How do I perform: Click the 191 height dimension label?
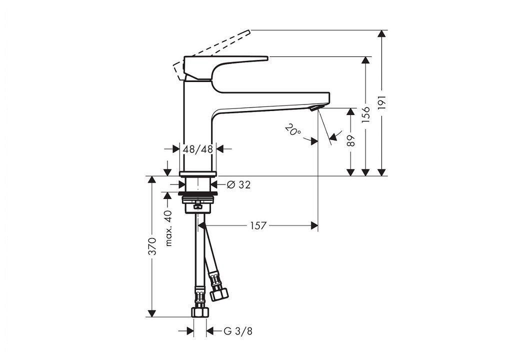(381, 102)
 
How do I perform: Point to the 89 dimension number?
(350, 140)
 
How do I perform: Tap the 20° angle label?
(293, 129)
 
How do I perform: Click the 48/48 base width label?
(198, 149)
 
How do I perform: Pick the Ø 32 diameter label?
(238, 185)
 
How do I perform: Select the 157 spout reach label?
(258, 225)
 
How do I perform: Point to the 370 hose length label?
(152, 246)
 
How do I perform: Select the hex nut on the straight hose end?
(200, 311)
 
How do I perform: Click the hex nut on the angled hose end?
(219, 293)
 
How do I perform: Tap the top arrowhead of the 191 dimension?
(381, 33)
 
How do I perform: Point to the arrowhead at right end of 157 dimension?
(314, 225)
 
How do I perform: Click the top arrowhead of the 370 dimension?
(151, 179)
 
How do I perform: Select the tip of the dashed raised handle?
(249, 31)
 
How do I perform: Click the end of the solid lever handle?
(267, 58)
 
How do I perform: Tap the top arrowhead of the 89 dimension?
(350, 111)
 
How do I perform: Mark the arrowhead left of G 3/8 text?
(190, 331)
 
